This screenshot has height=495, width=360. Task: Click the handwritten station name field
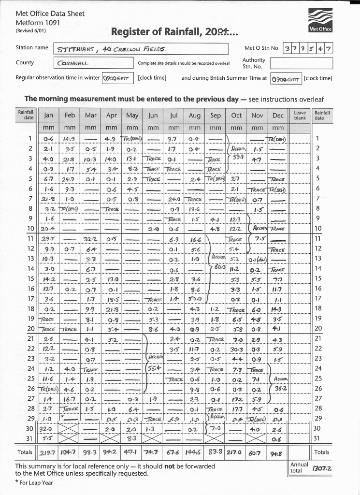click(140, 49)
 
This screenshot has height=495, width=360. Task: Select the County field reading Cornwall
click(93, 63)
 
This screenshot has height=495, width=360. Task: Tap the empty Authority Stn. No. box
click(301, 63)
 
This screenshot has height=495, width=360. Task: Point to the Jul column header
click(174, 116)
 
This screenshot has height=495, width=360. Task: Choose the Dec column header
click(278, 116)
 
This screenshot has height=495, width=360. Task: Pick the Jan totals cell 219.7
click(49, 452)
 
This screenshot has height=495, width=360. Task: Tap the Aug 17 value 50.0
click(195, 298)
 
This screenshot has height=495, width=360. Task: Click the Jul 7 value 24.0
click(174, 198)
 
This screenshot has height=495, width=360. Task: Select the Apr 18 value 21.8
click(112, 308)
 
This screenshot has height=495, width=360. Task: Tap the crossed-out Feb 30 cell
click(70, 429)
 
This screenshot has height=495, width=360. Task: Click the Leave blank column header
click(300, 115)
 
